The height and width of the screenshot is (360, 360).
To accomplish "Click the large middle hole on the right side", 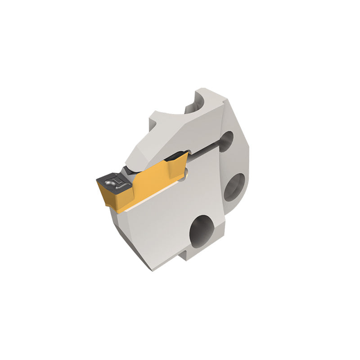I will click(x=234, y=187).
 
